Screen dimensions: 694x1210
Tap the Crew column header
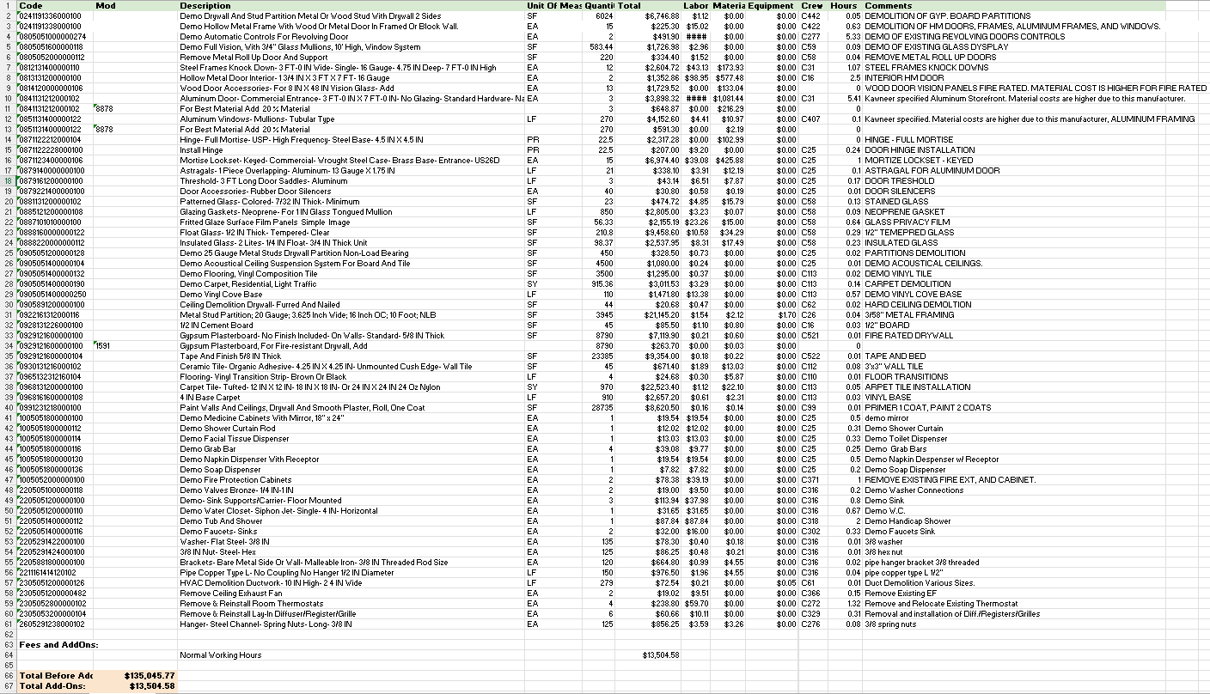(811, 6)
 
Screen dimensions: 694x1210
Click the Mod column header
(106, 6)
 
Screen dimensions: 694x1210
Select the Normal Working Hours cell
(221, 654)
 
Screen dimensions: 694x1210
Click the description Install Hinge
(203, 149)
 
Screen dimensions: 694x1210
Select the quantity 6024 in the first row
(604, 16)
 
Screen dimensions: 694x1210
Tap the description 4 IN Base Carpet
(209, 397)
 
